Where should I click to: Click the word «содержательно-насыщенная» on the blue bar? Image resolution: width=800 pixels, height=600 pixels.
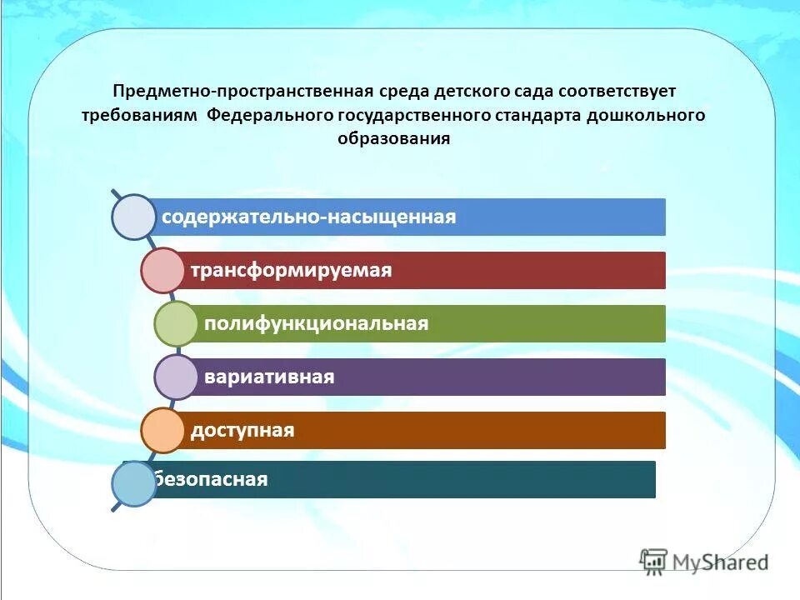pyautogui.click(x=309, y=217)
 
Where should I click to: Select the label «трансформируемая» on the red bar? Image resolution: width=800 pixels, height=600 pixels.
pyautogui.click(x=291, y=271)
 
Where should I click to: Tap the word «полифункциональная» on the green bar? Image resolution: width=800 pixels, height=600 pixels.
pyautogui.click(x=316, y=323)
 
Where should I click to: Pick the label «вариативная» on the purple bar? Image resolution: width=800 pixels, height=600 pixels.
pyautogui.click(x=269, y=377)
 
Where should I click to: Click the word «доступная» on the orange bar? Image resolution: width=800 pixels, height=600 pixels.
pyautogui.click(x=242, y=430)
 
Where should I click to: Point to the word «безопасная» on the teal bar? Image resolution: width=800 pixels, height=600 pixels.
pyautogui.click(x=211, y=480)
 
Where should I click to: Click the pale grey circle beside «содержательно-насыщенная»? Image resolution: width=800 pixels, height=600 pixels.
pyautogui.click(x=134, y=217)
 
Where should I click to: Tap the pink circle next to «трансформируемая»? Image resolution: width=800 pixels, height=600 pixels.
pyautogui.click(x=162, y=270)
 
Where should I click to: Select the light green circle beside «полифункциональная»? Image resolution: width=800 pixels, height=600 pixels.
pyautogui.click(x=176, y=323)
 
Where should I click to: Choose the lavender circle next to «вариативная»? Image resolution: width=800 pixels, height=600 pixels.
pyautogui.click(x=176, y=377)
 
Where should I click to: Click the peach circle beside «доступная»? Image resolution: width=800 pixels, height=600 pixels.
pyautogui.click(x=162, y=430)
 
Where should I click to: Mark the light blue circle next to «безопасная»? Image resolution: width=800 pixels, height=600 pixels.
pyautogui.click(x=134, y=484)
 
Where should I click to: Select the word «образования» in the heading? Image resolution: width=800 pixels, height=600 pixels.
pyautogui.click(x=394, y=139)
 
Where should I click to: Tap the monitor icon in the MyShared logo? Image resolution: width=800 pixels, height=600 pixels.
pyautogui.click(x=654, y=561)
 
